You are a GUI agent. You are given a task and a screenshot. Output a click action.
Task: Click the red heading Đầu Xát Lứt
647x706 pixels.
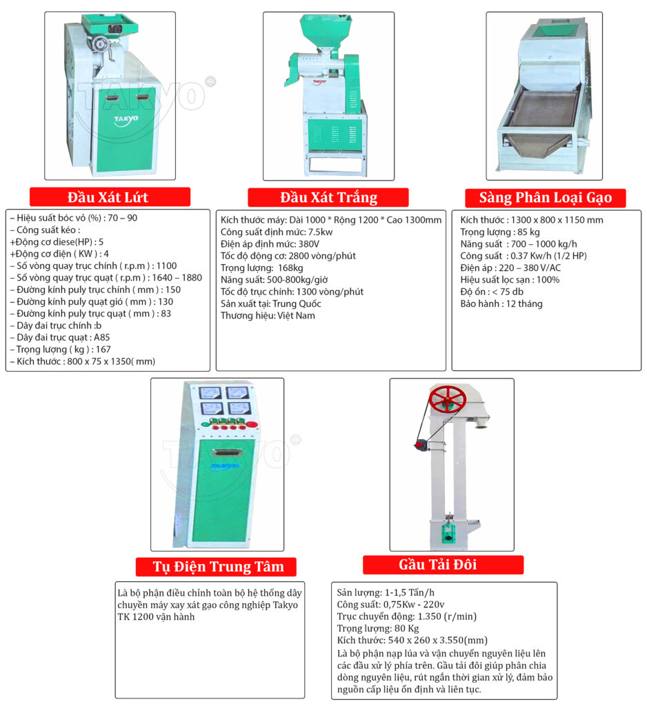(108, 197)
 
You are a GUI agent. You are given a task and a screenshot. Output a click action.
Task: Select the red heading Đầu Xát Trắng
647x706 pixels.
(329, 198)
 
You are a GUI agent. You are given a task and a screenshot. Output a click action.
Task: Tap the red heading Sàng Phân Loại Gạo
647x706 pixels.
(545, 198)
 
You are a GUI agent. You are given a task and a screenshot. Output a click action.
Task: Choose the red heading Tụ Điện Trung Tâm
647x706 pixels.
(219, 567)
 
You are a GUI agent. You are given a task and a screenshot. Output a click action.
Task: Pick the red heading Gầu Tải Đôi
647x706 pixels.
(437, 565)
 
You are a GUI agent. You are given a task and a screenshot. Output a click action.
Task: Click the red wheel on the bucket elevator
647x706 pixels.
(447, 399)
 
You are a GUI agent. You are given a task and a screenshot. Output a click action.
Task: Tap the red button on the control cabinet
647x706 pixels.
(252, 424)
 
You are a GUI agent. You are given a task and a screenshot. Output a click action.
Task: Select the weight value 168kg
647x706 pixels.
(290, 268)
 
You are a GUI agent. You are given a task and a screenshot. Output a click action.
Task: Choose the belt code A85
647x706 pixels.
(101, 337)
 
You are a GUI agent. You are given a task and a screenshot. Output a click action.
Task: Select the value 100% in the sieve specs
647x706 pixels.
(548, 280)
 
